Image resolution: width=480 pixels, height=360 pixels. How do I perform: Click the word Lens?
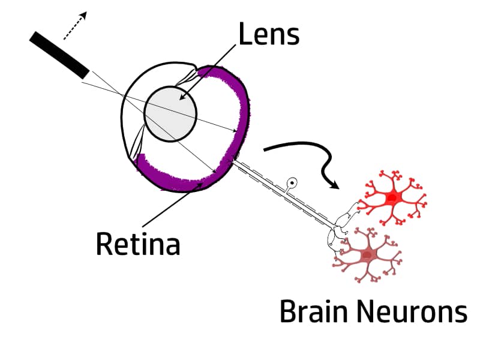(x=269, y=34)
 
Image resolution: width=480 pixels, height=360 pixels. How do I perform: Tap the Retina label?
(x=138, y=244)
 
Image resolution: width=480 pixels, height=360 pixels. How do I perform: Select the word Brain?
(x=314, y=311)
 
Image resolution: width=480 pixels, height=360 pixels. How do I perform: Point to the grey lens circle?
(x=170, y=114)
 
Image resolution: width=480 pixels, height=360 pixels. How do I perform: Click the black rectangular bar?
(x=59, y=55)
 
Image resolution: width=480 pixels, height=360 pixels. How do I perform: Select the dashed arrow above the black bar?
(x=75, y=26)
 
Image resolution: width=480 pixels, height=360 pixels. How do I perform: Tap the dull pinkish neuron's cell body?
(x=367, y=255)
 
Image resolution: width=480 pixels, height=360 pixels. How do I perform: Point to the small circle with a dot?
(x=292, y=183)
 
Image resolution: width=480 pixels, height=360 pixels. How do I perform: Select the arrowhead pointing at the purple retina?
(x=200, y=184)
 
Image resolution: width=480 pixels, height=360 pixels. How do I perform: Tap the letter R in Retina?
(x=103, y=244)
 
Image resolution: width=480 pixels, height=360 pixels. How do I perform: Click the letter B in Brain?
(x=288, y=311)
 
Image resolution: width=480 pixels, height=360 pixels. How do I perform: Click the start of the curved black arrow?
(x=265, y=150)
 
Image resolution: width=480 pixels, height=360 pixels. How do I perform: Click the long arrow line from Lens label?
(x=208, y=73)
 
